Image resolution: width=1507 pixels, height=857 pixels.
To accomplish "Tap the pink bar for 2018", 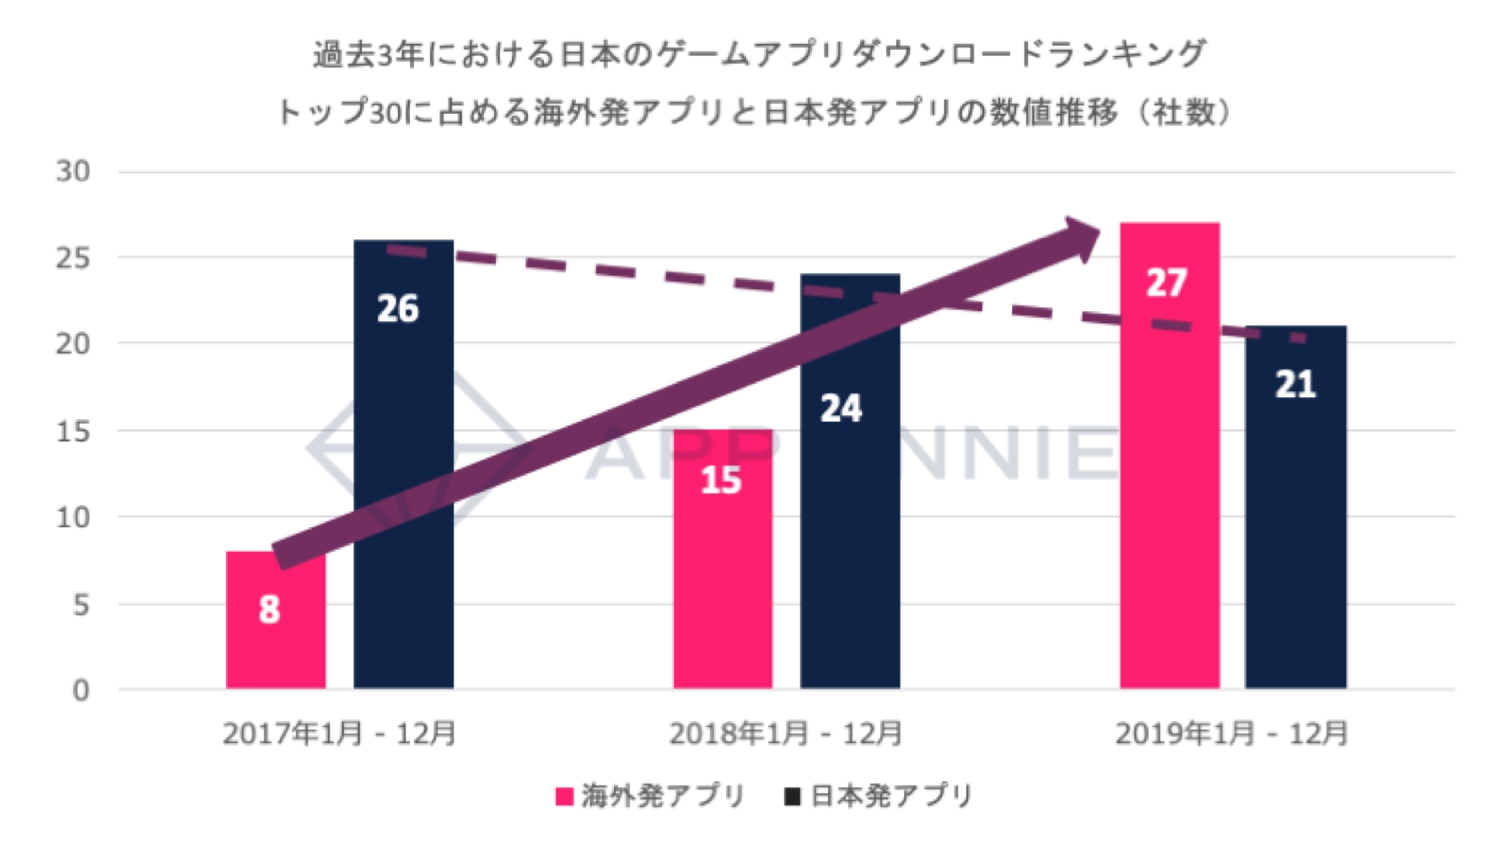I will (x=722, y=574).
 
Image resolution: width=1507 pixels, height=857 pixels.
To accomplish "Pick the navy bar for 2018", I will (x=849, y=523).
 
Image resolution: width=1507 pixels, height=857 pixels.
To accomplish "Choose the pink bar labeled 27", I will (x=1169, y=472).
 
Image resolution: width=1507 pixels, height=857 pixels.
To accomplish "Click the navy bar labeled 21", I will (x=1295, y=523).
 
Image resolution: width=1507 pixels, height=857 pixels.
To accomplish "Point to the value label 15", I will (x=721, y=481).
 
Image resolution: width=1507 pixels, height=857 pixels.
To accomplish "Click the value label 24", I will (x=841, y=409).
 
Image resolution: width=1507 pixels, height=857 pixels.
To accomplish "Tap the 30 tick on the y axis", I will (x=73, y=171).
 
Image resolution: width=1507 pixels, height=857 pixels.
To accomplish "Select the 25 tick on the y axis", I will (x=73, y=258).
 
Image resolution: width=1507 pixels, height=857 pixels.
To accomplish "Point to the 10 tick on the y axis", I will (x=73, y=517).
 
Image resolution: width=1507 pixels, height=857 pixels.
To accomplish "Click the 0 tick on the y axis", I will (x=81, y=691).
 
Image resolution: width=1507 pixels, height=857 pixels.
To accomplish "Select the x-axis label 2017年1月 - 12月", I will (x=339, y=734).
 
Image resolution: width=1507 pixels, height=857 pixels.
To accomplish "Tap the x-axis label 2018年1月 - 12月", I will (x=786, y=734).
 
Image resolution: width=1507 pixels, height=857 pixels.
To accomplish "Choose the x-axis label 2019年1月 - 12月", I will (x=1231, y=734).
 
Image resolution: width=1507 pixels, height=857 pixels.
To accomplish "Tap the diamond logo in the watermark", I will (x=405, y=447).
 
